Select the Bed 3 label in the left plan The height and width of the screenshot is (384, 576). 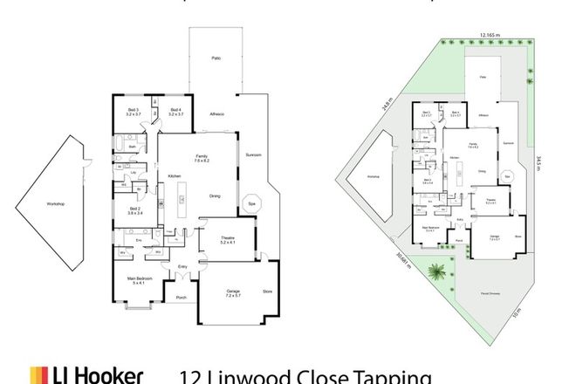(x=133, y=111)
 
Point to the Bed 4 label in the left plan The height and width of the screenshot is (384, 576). (x=175, y=111)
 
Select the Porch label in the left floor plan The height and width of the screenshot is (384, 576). (x=182, y=298)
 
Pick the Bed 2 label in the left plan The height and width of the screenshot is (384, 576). (x=135, y=209)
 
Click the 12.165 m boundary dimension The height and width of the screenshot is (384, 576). (x=490, y=38)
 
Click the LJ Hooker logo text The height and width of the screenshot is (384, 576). (x=87, y=375)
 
